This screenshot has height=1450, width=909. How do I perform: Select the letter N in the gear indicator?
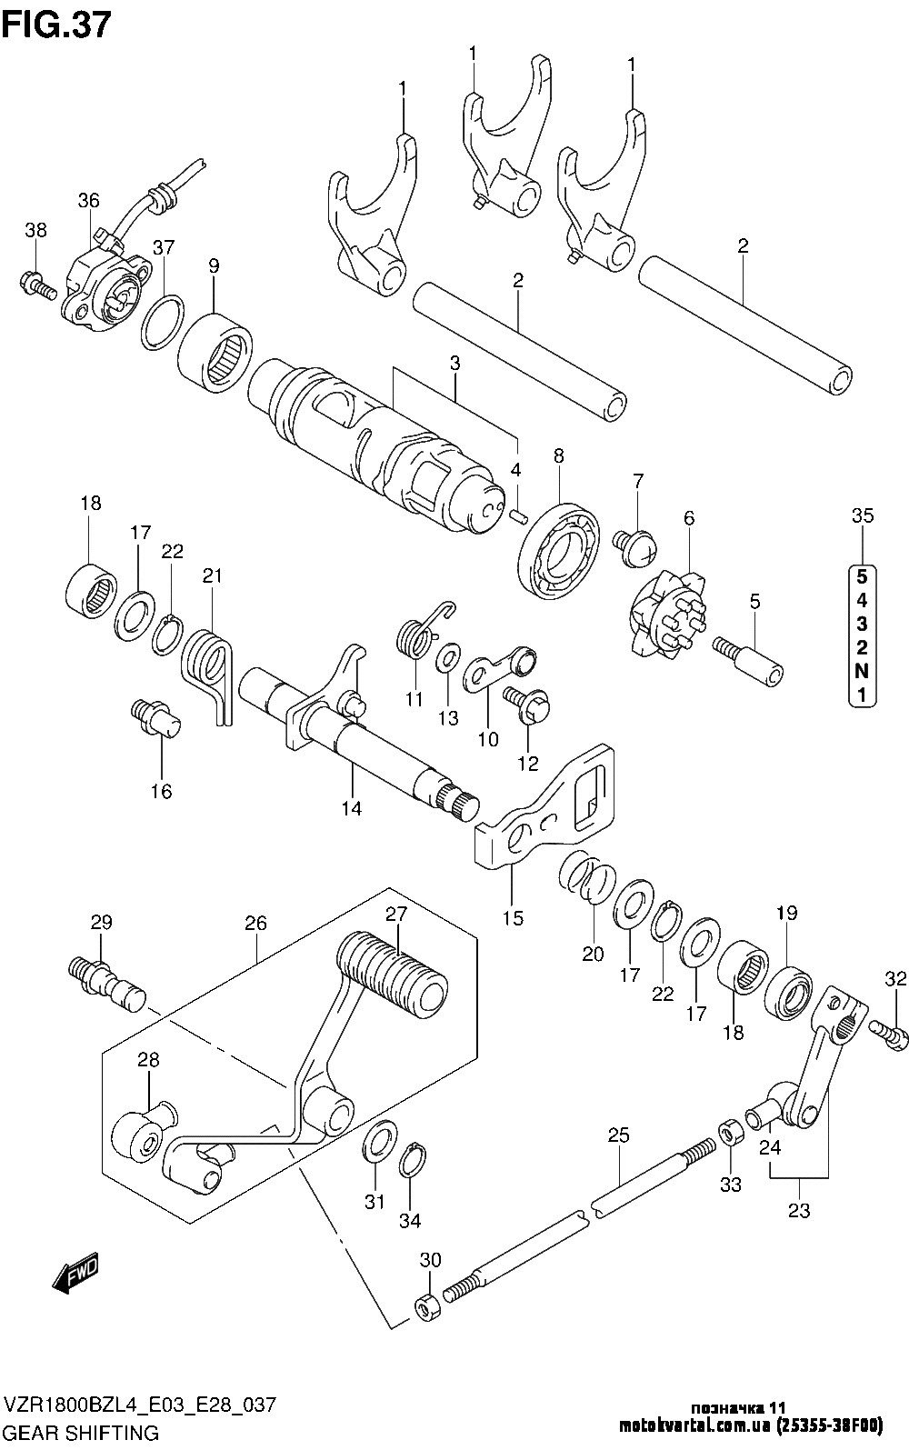pyautogui.click(x=862, y=671)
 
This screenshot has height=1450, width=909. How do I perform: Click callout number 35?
pyautogui.click(x=863, y=516)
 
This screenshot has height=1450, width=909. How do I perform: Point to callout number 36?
pyautogui.click(x=89, y=201)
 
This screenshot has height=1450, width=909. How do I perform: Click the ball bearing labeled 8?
pyautogui.click(x=558, y=550)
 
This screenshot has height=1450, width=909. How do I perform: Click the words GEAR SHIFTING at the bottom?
pyautogui.click(x=82, y=1433)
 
